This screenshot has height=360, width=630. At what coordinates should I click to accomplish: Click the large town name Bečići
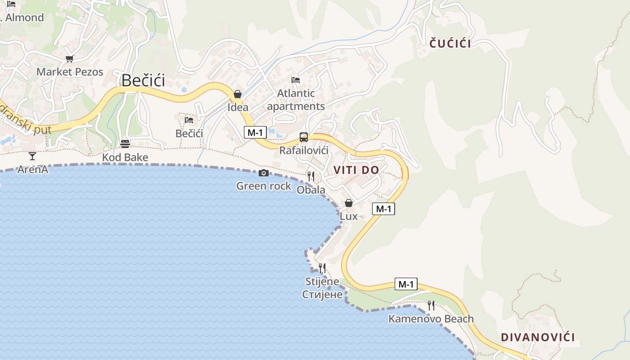(143, 81)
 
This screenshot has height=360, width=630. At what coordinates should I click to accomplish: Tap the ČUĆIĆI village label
(450, 44)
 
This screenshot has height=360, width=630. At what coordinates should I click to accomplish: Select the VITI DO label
(356, 170)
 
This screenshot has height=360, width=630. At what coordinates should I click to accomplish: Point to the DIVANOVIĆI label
(538, 337)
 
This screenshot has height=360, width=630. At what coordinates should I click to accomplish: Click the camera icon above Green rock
(264, 173)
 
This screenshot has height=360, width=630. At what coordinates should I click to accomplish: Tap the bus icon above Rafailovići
(304, 137)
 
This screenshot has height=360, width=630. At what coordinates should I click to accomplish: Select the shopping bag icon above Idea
(238, 94)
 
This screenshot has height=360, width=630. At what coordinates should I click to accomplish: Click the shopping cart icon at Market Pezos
(69, 59)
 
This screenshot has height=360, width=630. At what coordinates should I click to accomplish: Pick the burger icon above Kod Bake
(125, 144)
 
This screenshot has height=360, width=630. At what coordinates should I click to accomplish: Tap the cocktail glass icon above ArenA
(32, 156)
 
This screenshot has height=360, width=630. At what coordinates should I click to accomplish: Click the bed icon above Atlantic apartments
(296, 80)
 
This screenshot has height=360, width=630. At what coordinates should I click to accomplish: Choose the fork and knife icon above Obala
(311, 176)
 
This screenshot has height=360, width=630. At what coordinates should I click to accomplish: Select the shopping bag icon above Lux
(349, 203)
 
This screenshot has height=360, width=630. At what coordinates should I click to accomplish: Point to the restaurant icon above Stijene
(322, 268)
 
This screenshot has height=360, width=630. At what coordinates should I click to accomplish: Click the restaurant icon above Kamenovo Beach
(431, 306)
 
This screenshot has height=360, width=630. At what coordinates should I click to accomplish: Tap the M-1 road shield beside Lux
(383, 209)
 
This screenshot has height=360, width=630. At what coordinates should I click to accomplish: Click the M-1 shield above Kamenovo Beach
(406, 284)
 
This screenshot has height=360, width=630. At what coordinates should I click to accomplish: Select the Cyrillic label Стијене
(322, 295)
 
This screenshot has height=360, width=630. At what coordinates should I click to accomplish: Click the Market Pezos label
(70, 72)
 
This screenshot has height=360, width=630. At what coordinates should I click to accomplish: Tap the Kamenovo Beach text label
(431, 319)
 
